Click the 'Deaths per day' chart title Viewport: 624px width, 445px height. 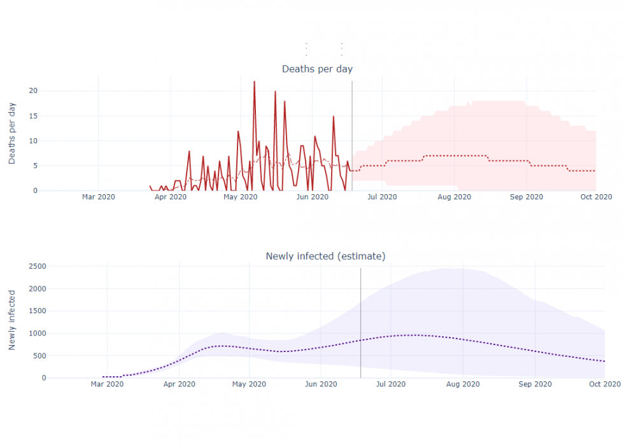[x=317, y=69]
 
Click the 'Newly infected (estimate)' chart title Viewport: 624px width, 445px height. [x=325, y=256]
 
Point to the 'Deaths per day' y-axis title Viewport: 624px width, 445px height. [x=12, y=133]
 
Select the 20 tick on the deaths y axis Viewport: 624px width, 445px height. [x=33, y=91]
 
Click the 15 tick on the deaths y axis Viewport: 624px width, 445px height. [x=33, y=116]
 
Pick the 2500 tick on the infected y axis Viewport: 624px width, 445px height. [x=36, y=266]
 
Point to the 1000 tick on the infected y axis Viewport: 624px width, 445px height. [x=36, y=333]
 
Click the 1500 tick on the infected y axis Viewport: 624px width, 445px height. [x=36, y=311]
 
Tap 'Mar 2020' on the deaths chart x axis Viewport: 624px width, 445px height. [x=99, y=197]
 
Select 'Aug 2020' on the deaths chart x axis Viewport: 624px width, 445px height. [x=454, y=197]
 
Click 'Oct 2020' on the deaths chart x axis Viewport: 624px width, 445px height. [x=596, y=197]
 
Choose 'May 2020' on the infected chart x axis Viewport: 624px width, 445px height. [x=248, y=384]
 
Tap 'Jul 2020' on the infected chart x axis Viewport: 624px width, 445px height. [x=391, y=384]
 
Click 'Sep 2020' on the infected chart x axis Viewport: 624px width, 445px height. [x=535, y=384]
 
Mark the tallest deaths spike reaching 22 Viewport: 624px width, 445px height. [x=254, y=82]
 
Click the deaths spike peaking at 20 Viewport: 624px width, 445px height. [x=276, y=92]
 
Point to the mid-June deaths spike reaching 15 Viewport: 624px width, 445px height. [x=333, y=117]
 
